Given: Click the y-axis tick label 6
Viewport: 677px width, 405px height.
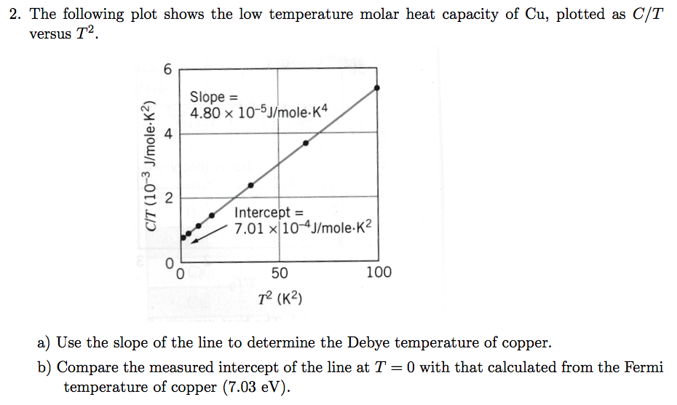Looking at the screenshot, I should point(168,70).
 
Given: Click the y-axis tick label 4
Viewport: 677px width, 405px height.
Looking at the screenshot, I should point(168,133).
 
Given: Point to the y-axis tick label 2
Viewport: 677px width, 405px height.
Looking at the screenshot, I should point(168,199).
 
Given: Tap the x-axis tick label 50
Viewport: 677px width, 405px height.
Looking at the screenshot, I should point(279,272).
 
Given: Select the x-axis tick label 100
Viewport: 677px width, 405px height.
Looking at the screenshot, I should point(379,272).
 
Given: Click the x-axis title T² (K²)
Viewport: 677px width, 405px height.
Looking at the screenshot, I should point(280,298).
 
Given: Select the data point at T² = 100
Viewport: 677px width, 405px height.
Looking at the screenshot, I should point(376,88).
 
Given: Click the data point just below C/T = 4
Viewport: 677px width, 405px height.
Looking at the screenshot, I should point(306,143).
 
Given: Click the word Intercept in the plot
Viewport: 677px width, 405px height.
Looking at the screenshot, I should point(261,213).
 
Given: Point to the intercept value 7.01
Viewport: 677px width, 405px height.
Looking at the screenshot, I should point(248,229).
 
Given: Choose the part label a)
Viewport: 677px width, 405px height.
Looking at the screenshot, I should point(44,342).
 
